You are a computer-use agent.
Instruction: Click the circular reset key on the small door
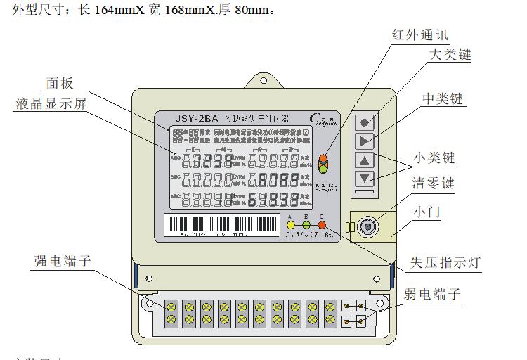point(366,226)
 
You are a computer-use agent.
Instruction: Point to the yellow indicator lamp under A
point(291,226)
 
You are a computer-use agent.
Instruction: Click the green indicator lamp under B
point(306,226)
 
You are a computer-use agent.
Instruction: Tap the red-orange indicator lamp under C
point(322,226)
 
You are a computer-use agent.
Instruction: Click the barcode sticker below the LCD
point(221,225)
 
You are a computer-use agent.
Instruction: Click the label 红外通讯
point(419,34)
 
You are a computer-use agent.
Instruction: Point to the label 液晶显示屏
point(51,103)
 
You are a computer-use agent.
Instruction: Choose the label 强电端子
point(63,262)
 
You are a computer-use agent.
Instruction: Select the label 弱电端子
point(432,294)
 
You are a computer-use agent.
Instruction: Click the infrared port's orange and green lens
point(323,164)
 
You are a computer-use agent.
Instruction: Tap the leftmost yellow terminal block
point(171,313)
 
